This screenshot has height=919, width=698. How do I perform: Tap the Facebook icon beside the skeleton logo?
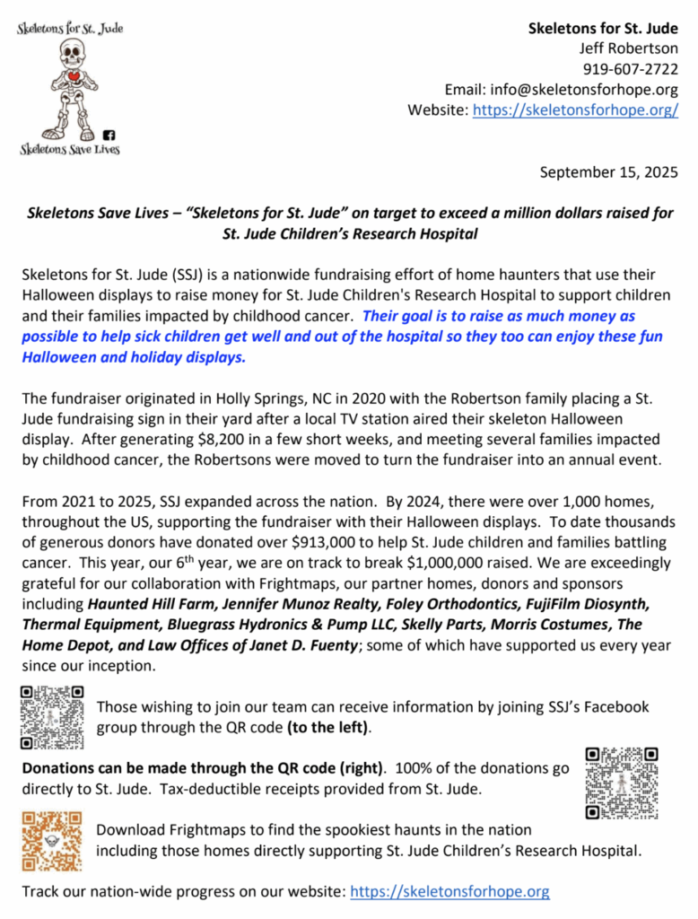point(109,136)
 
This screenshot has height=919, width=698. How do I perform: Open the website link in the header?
point(575,110)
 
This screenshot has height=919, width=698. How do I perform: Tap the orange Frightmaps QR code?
point(51,840)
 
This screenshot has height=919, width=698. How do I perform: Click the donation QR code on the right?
point(621,781)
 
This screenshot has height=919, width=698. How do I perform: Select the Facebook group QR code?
point(52,717)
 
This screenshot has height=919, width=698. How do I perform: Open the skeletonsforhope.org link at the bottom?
point(449,892)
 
